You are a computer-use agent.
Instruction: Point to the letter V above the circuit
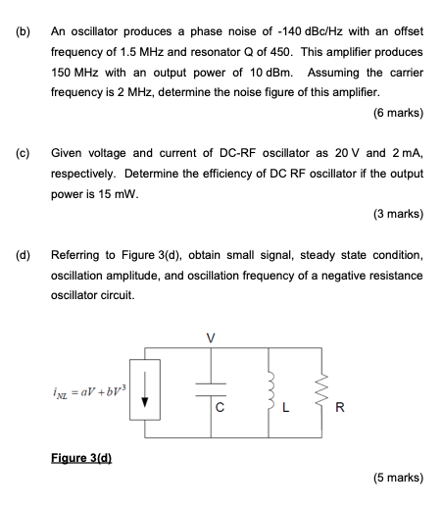click(x=210, y=338)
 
